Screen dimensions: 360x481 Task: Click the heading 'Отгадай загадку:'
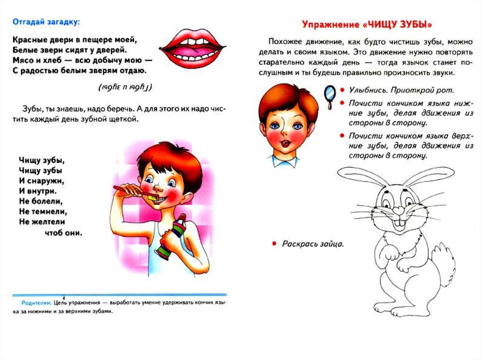(x=46, y=22)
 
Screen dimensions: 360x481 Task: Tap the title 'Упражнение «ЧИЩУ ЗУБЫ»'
(x=366, y=24)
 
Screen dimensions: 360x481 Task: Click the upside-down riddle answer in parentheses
(x=125, y=88)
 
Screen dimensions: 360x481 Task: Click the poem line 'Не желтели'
(x=42, y=222)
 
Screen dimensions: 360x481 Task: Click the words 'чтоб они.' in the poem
(x=63, y=232)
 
